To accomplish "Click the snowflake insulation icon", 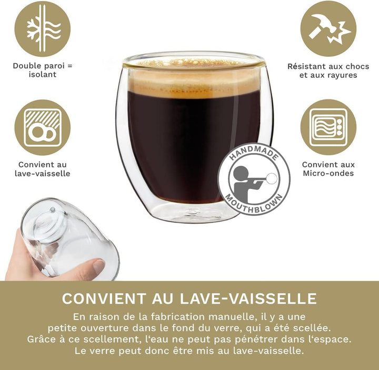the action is [x=43, y=28].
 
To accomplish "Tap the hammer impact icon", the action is [x=328, y=28].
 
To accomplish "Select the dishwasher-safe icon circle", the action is [x=43, y=127].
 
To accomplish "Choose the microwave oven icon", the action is [x=328, y=127].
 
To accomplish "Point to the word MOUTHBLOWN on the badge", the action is [x=254, y=205].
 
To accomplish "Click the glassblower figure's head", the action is [x=241, y=174].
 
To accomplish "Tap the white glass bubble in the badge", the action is [x=272, y=178].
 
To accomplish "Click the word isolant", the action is [x=43, y=74].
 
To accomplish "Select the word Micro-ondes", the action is [x=328, y=173].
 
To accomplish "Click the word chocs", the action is [x=357, y=66].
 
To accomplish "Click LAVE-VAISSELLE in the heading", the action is [x=248, y=298].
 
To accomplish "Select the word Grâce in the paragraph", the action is [x=41, y=339].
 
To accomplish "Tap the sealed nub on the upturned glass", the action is [x=53, y=209].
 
